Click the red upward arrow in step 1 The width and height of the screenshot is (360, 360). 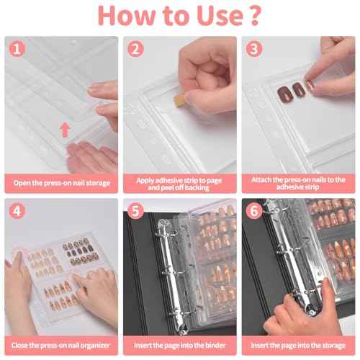coord(66,130)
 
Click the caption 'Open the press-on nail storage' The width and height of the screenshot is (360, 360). coord(61,183)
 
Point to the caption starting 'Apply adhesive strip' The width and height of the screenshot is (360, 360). coord(179,183)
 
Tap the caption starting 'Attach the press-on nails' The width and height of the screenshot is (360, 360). coord(297,183)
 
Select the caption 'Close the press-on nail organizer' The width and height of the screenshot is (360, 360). coord(61,345)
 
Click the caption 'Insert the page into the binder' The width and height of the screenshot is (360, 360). coord(179,345)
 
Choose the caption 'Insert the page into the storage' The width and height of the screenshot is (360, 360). coord(297,345)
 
